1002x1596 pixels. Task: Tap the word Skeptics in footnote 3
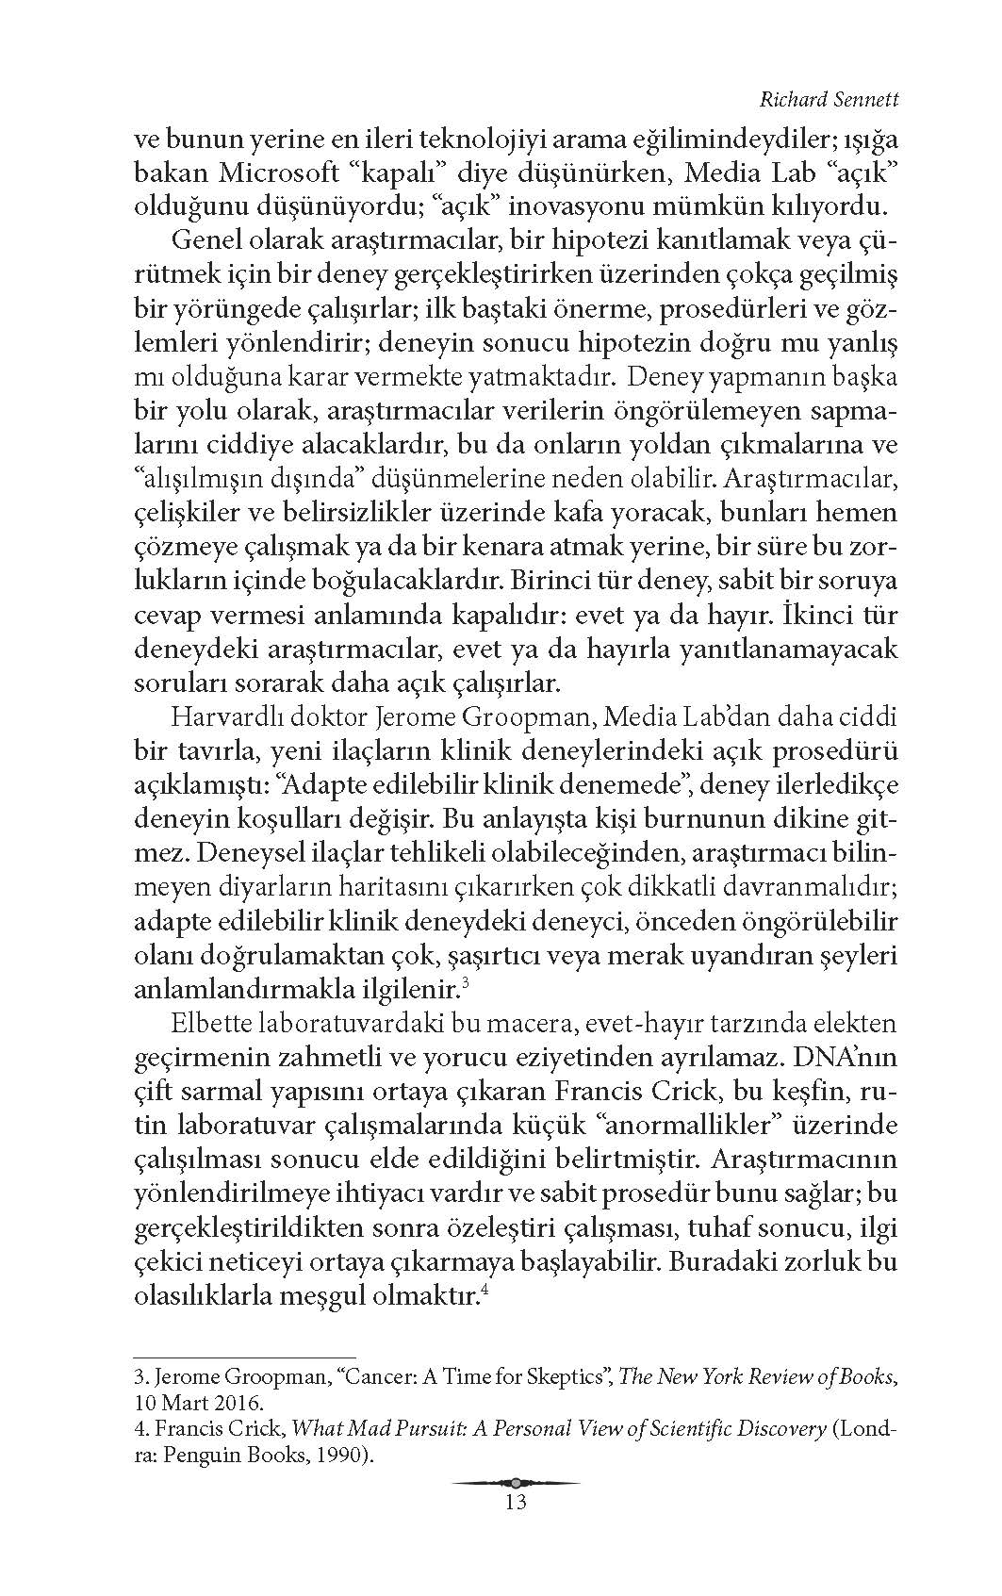(x=565, y=1376)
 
